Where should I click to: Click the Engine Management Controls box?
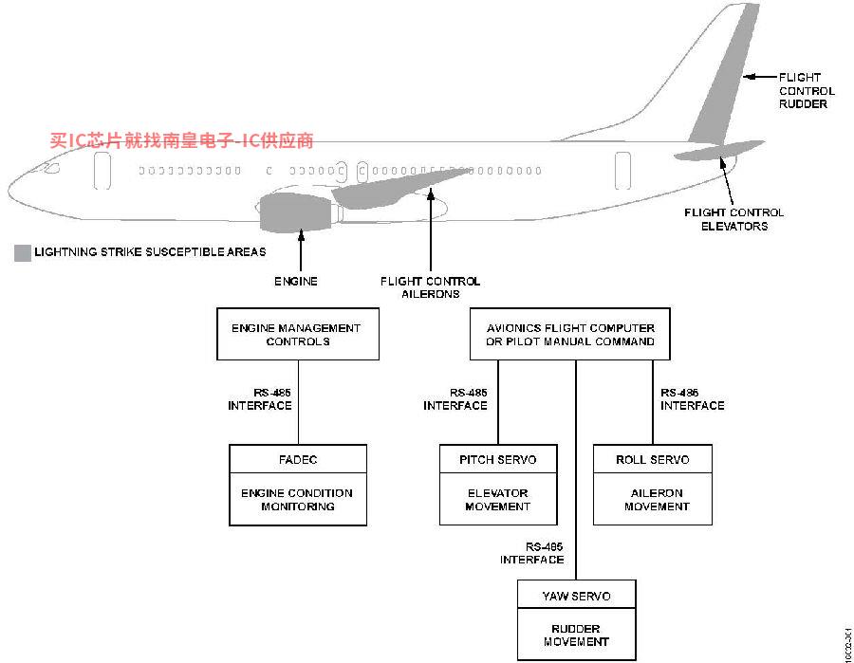coord(297,334)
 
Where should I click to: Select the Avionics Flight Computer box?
coord(569,334)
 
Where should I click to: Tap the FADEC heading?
coord(298,459)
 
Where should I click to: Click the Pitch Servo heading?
coord(497,459)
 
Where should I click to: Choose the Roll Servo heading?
coord(652,459)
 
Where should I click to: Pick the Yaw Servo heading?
coord(576,596)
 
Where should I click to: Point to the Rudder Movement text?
coord(576,635)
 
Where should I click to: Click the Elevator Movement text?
coord(497,500)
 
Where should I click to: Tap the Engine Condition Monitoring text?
coord(298,500)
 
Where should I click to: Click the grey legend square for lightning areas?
coord(22,252)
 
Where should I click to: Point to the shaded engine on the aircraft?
coord(293,212)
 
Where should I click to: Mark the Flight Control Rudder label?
coord(806,90)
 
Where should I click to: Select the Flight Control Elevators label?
coord(733,219)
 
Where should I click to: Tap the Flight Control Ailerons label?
coord(430,287)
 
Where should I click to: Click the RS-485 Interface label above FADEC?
coord(259,398)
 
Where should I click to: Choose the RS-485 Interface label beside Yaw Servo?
coord(531,553)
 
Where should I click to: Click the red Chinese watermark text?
coord(181,140)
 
